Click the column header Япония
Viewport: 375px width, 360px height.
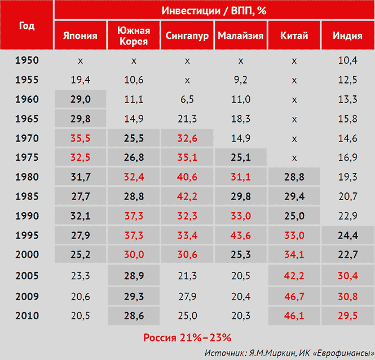(80, 36)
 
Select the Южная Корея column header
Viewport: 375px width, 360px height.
(134, 36)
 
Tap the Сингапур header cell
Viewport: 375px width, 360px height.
(187, 36)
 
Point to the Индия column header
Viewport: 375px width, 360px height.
(347, 36)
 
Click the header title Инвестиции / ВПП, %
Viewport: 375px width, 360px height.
(214, 11)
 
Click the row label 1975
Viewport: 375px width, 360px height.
(27, 157)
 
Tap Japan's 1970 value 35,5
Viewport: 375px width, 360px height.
(80, 138)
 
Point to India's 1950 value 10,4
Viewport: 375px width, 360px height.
(347, 60)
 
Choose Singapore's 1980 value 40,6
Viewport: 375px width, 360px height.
(187, 177)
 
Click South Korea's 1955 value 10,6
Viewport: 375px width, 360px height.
(134, 80)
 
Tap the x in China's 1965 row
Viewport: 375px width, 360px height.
(294, 118)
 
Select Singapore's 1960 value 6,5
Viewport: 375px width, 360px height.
(187, 99)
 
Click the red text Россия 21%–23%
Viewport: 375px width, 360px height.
(187, 338)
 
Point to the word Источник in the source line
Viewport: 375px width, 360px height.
(224, 352)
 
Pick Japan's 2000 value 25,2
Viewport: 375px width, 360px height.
(80, 254)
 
